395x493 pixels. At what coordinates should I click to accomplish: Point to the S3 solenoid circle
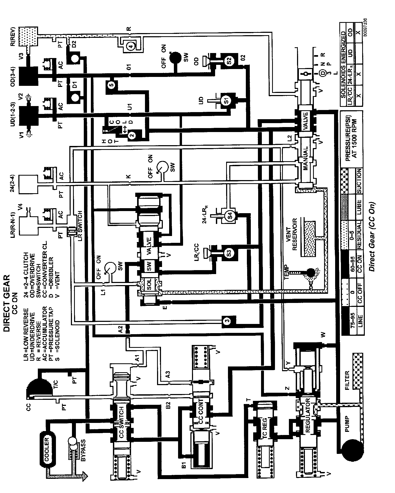point(229,253)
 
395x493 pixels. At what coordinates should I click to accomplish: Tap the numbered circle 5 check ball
point(111,85)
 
